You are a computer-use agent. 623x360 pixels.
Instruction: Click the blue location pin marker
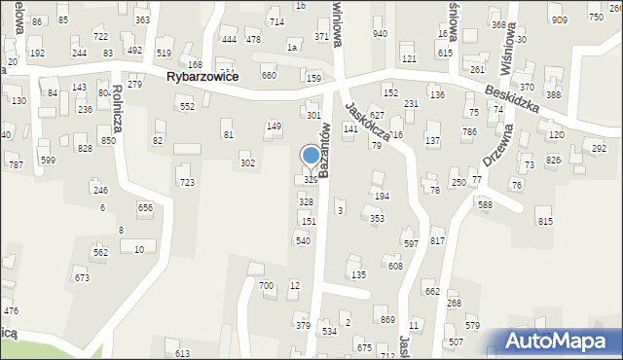[x=311, y=157]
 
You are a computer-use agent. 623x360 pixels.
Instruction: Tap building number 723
[x=186, y=182]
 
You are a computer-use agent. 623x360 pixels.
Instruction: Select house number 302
[x=248, y=163]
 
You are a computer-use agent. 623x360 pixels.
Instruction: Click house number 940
[x=380, y=34]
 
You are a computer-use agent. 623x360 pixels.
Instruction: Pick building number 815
[x=545, y=222]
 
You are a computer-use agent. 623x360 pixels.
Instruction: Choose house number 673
[x=82, y=278]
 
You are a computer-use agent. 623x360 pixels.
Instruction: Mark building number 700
[x=266, y=286]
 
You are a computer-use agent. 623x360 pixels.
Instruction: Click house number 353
[x=377, y=219]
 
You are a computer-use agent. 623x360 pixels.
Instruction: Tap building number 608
[x=395, y=266]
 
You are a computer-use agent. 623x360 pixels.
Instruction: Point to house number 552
[x=187, y=106]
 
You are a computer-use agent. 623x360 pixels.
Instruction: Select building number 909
[x=559, y=20]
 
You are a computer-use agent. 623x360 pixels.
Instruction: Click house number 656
[x=145, y=208]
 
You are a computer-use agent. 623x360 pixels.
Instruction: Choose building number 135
[x=358, y=275]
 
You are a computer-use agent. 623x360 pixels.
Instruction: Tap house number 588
[x=485, y=205]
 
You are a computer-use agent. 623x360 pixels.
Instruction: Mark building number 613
[x=183, y=353]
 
